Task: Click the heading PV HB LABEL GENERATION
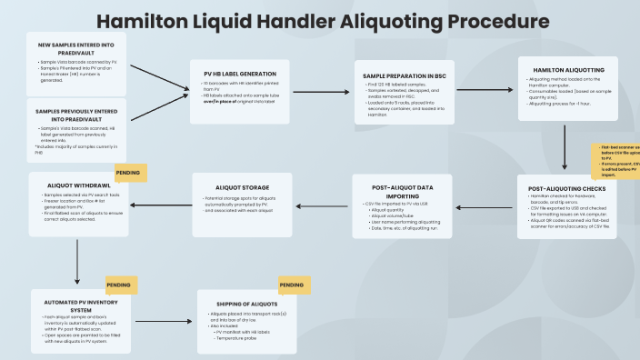coord(233,74)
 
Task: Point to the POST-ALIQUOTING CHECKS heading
coord(567,189)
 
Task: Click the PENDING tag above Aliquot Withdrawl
coord(129,171)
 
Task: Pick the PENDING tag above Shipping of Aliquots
coord(291,285)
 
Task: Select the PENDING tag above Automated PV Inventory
coord(121,285)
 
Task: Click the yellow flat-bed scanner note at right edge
coord(617,160)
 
